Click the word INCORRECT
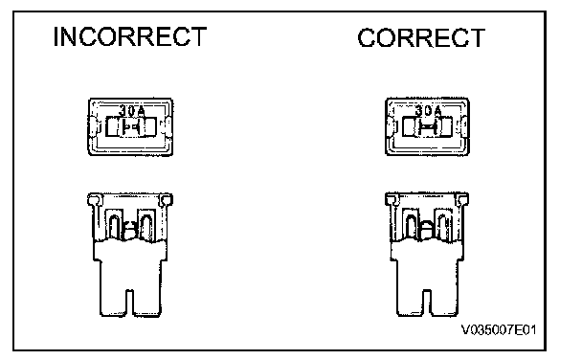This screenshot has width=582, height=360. (x=130, y=36)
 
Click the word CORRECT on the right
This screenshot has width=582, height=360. (x=421, y=37)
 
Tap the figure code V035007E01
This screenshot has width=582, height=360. (x=499, y=329)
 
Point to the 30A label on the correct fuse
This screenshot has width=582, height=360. (x=428, y=111)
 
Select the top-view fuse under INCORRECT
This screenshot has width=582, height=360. (x=130, y=126)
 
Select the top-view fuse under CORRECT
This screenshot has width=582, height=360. (x=427, y=126)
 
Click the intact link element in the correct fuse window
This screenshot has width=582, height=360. (x=428, y=127)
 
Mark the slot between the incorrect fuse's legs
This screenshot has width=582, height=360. (x=130, y=303)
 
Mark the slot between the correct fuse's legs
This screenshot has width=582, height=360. (x=427, y=303)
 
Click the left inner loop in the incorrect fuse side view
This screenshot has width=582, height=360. (x=115, y=226)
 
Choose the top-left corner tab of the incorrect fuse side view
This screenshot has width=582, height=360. (x=94, y=200)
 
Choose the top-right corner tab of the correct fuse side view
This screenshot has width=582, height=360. (x=462, y=199)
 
